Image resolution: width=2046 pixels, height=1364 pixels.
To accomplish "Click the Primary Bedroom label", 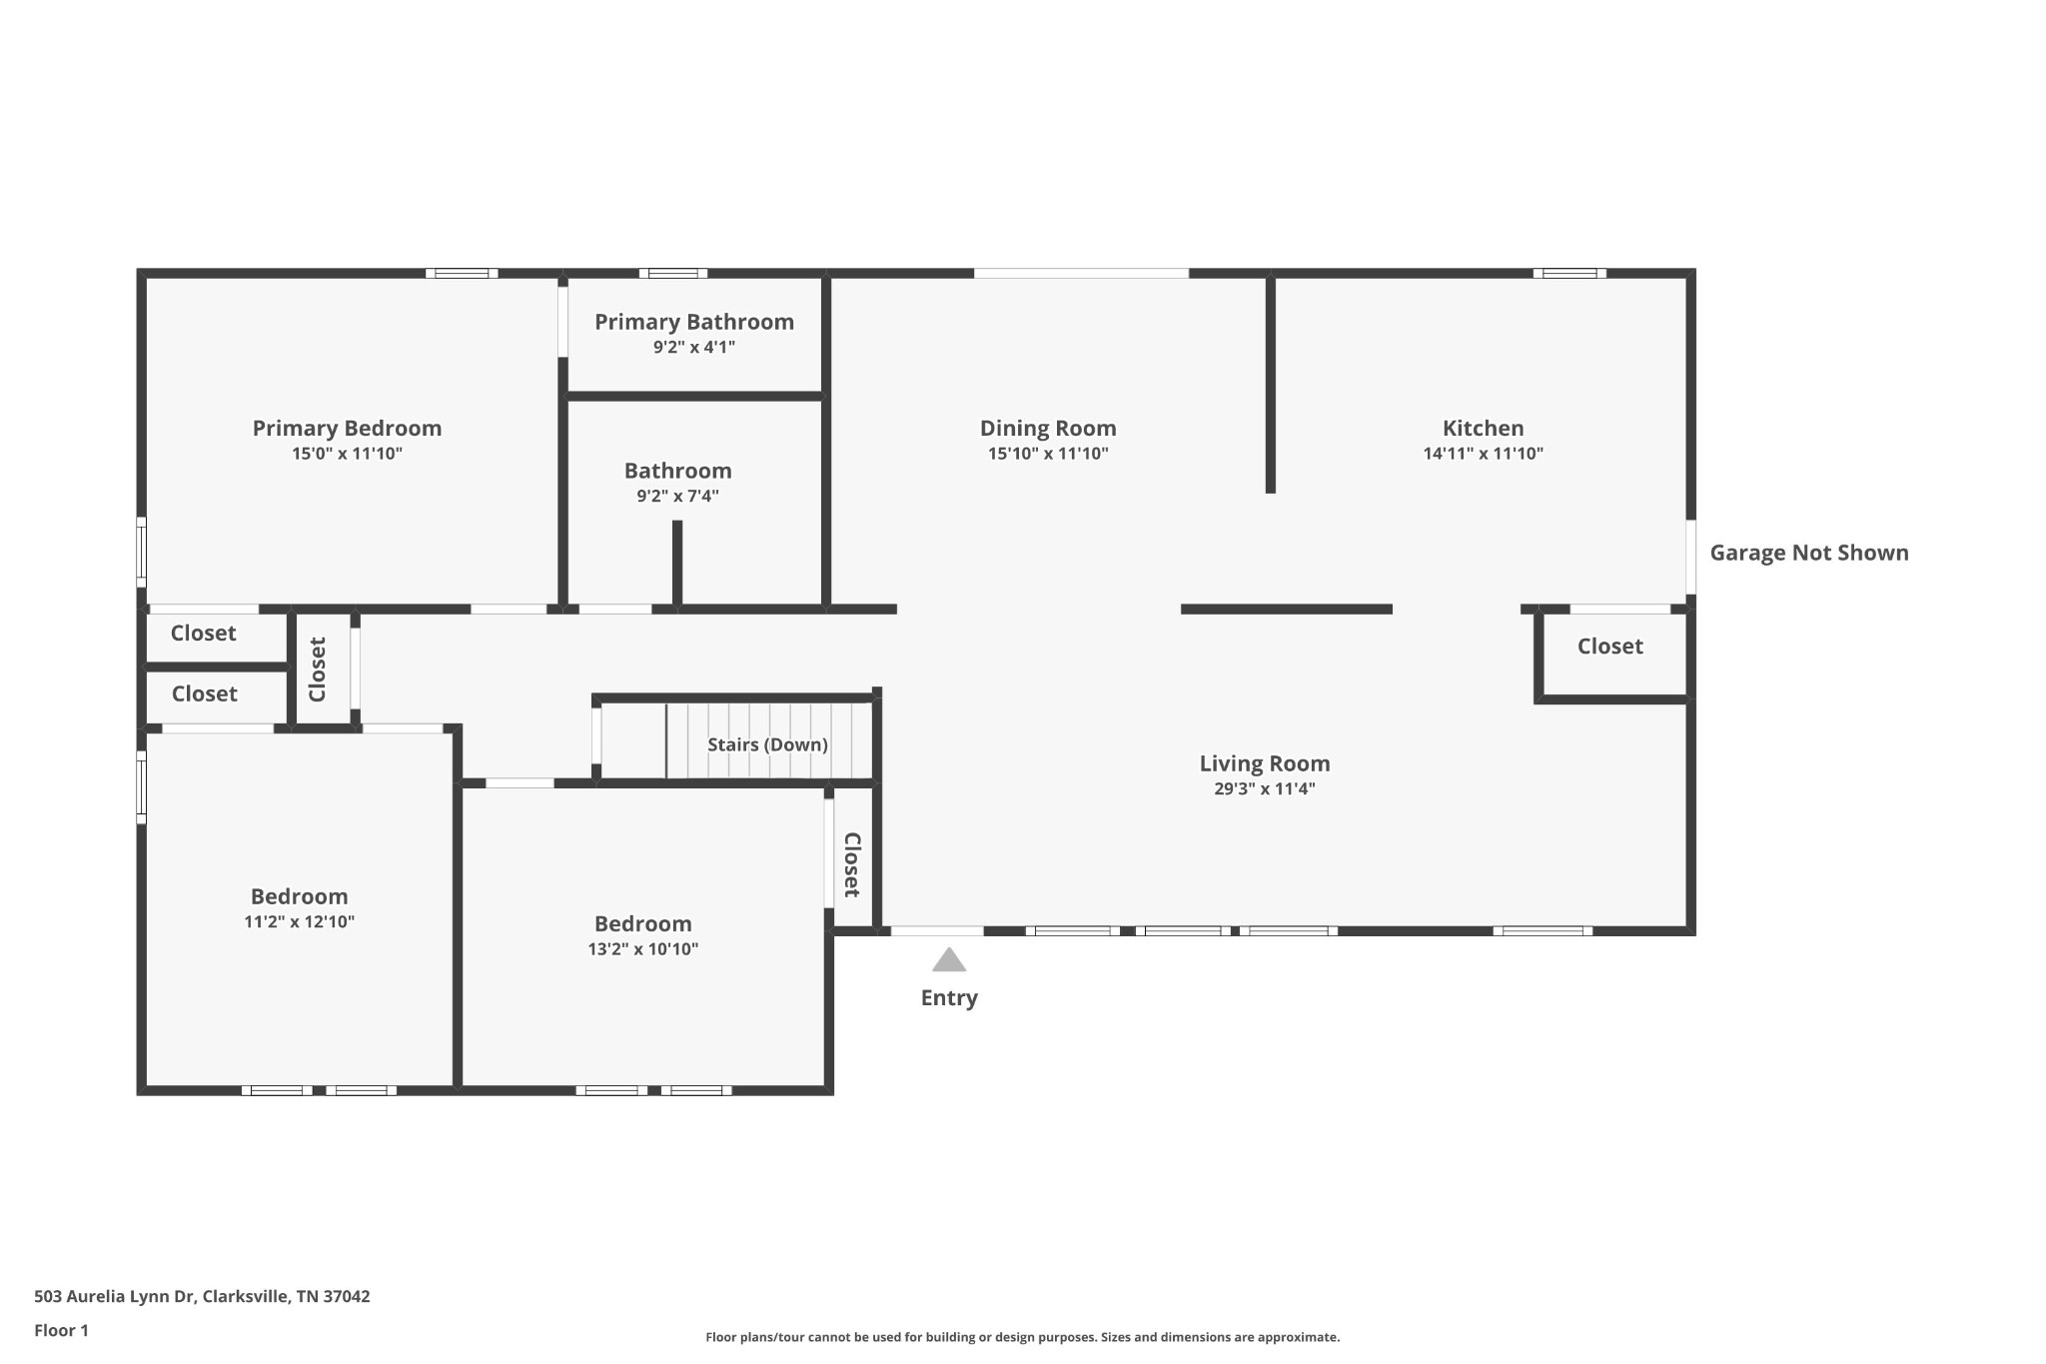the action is point(347,429).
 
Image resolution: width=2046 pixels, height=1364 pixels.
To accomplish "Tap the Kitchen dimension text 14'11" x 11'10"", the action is point(1483,454).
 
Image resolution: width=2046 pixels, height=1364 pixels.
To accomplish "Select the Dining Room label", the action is point(1048,429).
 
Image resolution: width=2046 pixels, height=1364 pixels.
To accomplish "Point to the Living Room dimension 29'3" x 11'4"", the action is point(1265,789).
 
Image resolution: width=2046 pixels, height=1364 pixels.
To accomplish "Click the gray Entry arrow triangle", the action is point(949,960).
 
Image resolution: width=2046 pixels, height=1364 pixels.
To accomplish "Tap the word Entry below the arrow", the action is point(949,998).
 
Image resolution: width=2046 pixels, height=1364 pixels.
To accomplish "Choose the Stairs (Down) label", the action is point(767,744).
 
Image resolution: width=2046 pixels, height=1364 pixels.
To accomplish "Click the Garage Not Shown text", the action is point(1809,553).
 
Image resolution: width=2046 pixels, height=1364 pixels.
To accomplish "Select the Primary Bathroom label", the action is point(694,322).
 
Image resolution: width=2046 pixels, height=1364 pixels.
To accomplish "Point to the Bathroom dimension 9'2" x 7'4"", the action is point(678,496).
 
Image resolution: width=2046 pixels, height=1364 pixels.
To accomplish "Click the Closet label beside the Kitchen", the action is point(1610,647).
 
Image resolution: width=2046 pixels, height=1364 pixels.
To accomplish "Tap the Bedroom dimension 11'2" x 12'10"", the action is point(300,922).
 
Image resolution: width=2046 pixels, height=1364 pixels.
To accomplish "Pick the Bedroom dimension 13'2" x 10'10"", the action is point(643,949).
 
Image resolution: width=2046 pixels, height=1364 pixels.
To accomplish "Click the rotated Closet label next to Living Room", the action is point(852,865).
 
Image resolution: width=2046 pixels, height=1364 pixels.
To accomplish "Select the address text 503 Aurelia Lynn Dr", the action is point(114,1297).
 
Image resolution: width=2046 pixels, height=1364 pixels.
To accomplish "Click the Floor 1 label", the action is point(61,1331).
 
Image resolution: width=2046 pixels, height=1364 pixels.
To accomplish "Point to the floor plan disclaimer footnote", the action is point(1023,1337).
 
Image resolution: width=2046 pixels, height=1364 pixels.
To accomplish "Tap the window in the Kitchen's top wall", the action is point(1569,273).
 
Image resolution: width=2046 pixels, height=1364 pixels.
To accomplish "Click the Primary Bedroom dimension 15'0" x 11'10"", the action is point(347,454).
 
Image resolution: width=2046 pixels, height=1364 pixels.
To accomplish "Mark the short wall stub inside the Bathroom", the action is point(677,563).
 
